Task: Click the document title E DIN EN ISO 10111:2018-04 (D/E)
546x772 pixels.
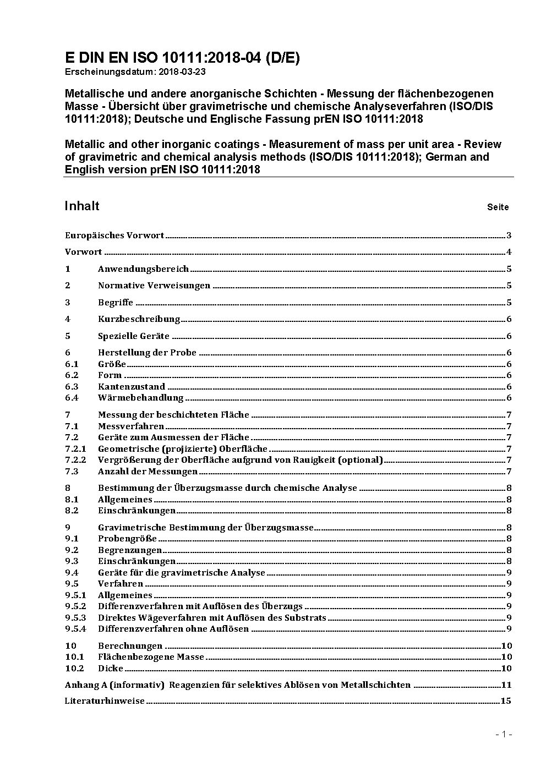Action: [182, 58]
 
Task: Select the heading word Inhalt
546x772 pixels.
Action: [82, 206]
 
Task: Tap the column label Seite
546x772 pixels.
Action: [498, 207]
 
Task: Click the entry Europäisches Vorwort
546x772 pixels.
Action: [114, 236]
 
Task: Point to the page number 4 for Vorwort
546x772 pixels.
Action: [509, 252]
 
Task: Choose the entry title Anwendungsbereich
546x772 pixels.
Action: [143, 269]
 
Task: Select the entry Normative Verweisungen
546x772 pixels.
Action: [154, 286]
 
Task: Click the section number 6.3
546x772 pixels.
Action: [72, 386]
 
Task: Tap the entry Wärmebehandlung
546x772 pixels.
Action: [140, 398]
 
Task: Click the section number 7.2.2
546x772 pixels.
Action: [75, 460]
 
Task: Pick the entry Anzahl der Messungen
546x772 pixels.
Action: [148, 472]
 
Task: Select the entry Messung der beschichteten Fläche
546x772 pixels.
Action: [173, 415]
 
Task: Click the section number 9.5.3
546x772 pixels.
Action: [75, 617]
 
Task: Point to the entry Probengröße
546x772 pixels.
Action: [127, 539]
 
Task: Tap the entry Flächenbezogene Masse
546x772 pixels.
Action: [151, 657]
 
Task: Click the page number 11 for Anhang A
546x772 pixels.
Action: [506, 685]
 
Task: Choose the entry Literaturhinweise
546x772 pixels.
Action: [105, 701]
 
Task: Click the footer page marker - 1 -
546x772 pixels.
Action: [504, 735]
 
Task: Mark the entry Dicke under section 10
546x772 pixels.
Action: [111, 669]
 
